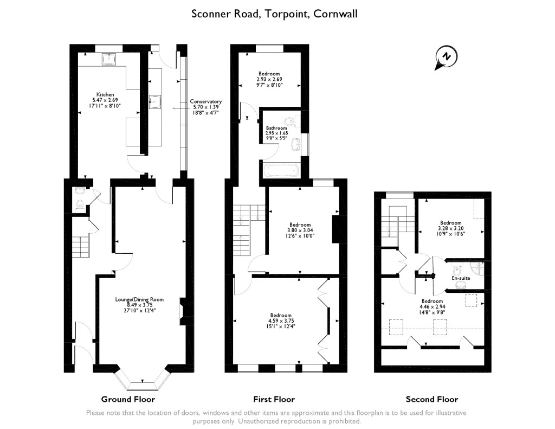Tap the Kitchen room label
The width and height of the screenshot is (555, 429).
[105, 94]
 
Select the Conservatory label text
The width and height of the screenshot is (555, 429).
[205, 101]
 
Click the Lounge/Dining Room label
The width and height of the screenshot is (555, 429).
[139, 299]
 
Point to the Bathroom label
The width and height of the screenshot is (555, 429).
[276, 128]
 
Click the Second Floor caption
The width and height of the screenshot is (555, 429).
[432, 399]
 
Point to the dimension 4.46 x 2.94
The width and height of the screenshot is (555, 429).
[432, 306]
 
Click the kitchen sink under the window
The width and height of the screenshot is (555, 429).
[113, 58]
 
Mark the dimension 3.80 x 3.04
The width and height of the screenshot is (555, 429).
[300, 230]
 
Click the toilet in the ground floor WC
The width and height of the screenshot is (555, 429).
[80, 204]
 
